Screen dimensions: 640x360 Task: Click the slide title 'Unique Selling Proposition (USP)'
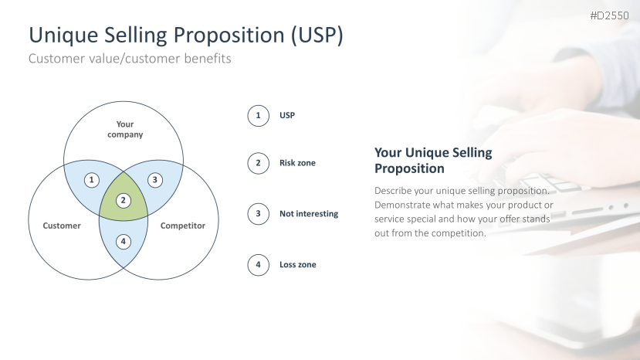tap(186, 35)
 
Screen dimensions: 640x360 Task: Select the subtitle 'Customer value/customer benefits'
tap(130, 59)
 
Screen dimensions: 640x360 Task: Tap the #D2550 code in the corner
tap(609, 15)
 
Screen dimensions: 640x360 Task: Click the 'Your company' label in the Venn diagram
tap(125, 129)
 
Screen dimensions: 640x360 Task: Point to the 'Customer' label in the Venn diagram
tap(62, 226)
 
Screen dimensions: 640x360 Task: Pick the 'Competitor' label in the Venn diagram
tap(182, 226)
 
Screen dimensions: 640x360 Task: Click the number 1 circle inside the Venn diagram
tap(91, 180)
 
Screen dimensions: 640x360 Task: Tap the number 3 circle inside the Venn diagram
tap(154, 180)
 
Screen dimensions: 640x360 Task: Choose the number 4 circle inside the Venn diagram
tap(124, 242)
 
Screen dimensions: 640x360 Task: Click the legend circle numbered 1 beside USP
tap(258, 116)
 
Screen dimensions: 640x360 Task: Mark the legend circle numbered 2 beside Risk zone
tap(258, 163)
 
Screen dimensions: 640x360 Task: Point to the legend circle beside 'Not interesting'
tap(258, 214)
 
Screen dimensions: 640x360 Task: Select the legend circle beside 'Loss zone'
tap(258, 265)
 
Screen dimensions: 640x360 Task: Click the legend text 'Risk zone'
tap(297, 163)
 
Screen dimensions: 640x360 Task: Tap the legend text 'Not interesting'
tap(309, 214)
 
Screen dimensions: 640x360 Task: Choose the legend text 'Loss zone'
tap(297, 264)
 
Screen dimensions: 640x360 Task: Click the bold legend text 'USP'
tap(287, 115)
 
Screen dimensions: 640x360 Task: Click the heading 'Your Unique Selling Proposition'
tap(433, 160)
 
